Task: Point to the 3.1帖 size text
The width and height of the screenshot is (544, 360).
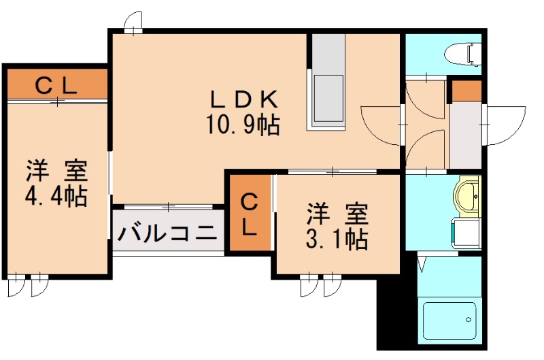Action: pyautogui.click(x=337, y=240)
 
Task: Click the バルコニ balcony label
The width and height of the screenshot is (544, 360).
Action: pyautogui.click(x=167, y=233)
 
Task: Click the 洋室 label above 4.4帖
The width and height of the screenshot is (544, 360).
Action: pyautogui.click(x=57, y=168)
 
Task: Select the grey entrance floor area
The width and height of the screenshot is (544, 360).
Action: pyautogui.click(x=466, y=135)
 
